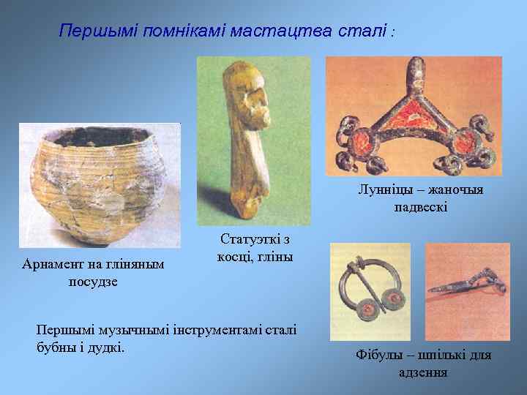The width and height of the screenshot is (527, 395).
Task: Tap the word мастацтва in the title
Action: coord(282,31)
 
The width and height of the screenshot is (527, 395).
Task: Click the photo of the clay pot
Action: coord(100,186)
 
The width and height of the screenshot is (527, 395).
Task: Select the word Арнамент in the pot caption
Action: coord(59,264)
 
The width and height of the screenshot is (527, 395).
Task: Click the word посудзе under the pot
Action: coord(93,281)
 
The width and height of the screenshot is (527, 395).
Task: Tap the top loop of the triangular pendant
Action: coord(415,72)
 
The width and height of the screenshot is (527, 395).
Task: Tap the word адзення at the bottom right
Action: coord(423,372)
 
